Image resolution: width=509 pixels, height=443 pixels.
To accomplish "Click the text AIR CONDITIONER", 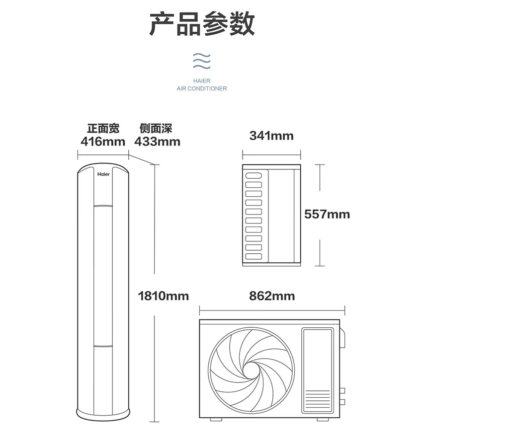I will (x=201, y=89).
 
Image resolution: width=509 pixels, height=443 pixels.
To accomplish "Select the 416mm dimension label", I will (x=103, y=142).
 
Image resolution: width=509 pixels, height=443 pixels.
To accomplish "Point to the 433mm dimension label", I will (x=157, y=142).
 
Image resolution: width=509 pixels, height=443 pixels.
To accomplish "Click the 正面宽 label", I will (x=103, y=129).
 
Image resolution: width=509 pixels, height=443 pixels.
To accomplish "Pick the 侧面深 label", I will (x=156, y=129).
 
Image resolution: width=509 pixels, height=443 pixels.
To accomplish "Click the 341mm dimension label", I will (x=271, y=136).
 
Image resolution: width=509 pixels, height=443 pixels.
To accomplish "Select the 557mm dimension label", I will (x=327, y=214).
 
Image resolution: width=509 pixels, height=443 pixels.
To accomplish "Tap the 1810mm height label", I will (x=163, y=296).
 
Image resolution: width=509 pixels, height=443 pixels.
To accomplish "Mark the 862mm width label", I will (x=272, y=296).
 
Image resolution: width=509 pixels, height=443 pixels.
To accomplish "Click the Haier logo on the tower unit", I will (x=103, y=174).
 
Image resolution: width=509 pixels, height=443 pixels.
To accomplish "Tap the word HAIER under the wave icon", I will (x=201, y=81).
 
